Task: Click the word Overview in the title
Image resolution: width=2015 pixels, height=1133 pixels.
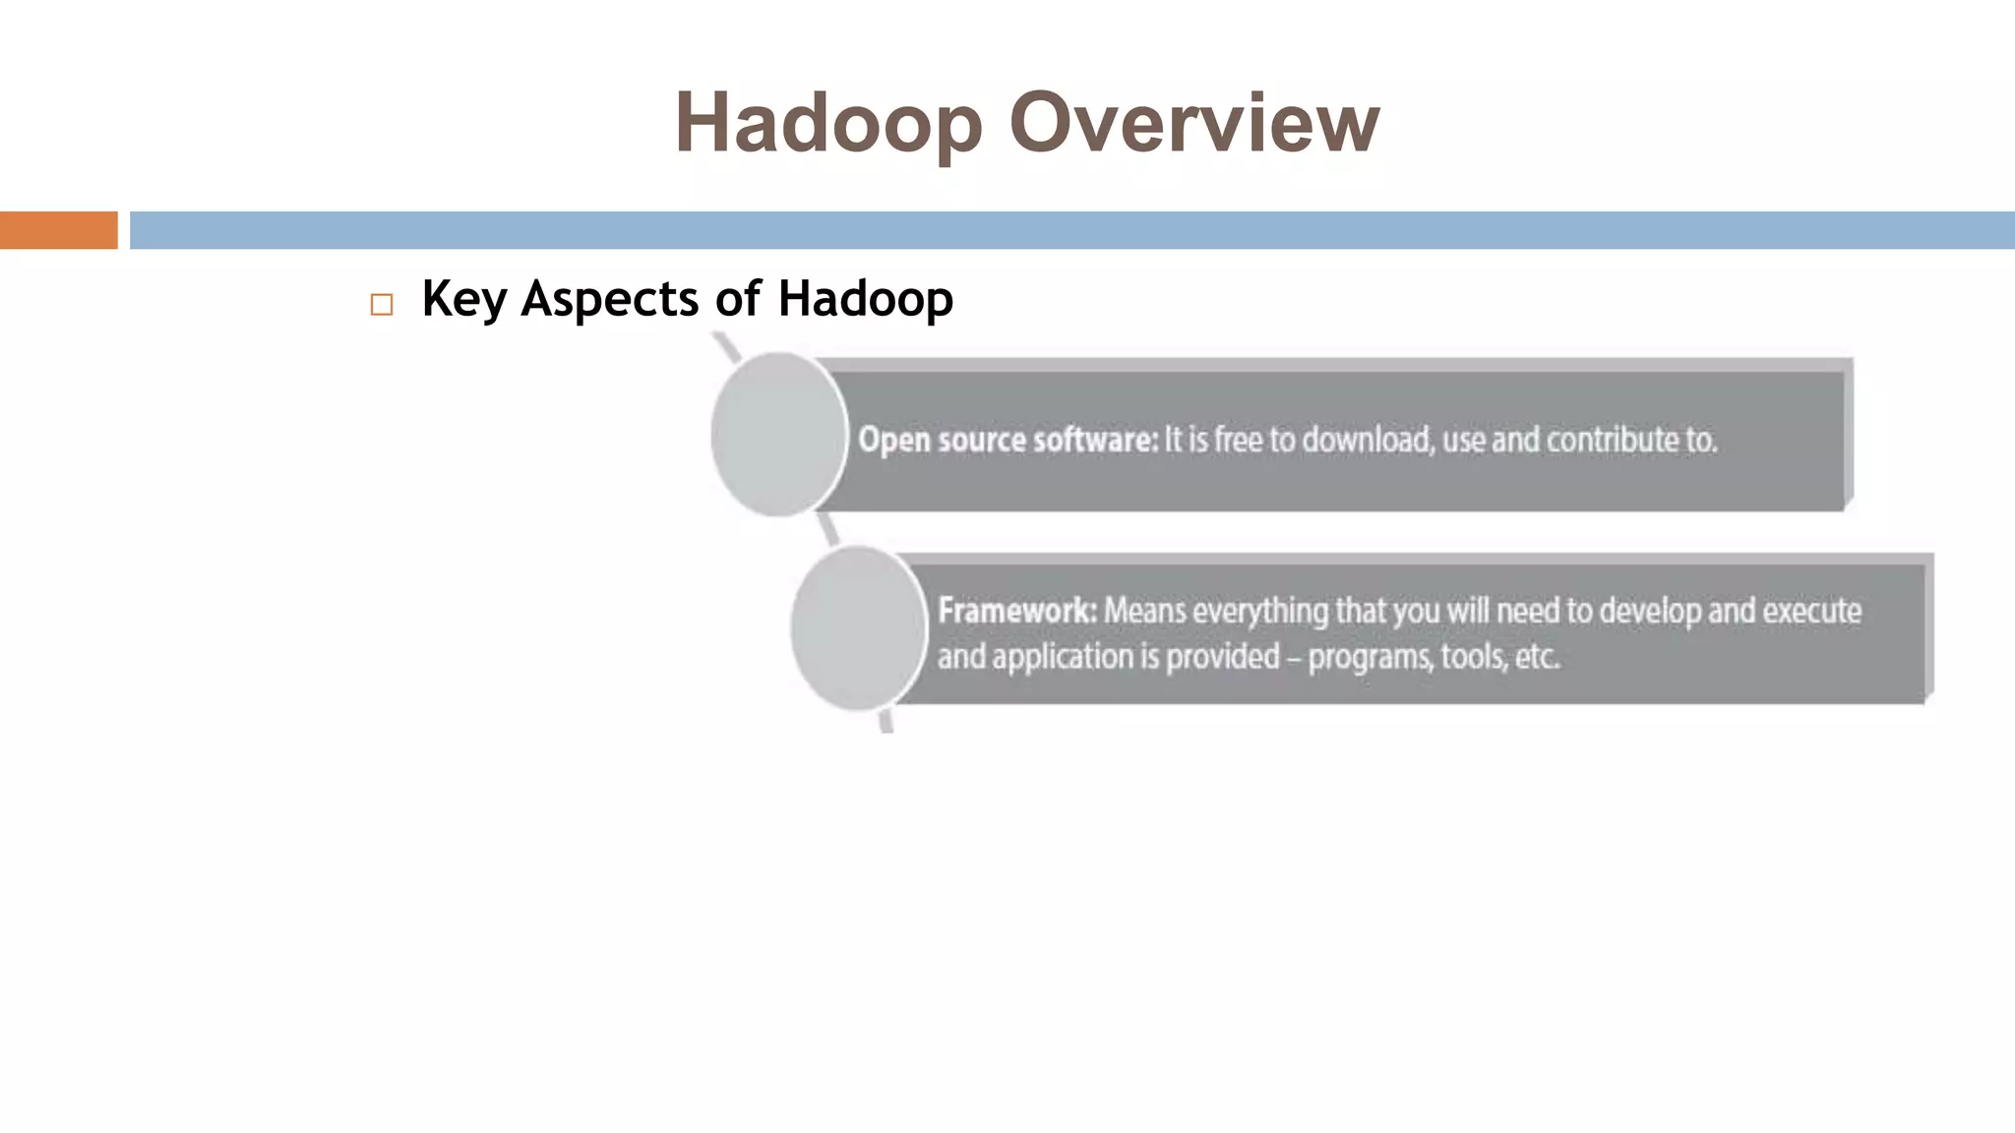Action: (1193, 123)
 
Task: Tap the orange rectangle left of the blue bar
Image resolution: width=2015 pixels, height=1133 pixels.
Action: (58, 230)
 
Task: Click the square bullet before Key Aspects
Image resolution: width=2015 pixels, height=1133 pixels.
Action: (382, 305)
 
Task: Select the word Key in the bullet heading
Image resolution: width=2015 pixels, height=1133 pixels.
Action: (463, 299)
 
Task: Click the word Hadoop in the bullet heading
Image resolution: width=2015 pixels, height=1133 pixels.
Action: (865, 299)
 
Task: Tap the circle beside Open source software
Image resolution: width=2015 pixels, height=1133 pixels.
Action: (778, 434)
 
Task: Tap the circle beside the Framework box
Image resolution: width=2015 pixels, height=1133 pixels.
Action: (858, 627)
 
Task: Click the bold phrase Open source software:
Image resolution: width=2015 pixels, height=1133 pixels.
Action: (1007, 440)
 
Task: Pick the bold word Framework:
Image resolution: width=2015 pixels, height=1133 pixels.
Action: (1016, 611)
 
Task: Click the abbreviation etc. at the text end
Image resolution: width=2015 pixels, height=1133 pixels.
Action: (1537, 656)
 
